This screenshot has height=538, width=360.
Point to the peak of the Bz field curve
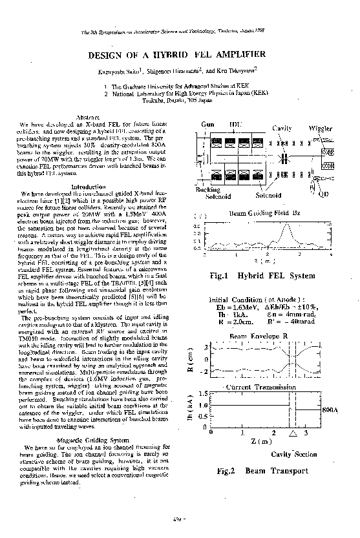tap(286, 224)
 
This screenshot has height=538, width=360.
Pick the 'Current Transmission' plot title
tap(260, 386)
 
